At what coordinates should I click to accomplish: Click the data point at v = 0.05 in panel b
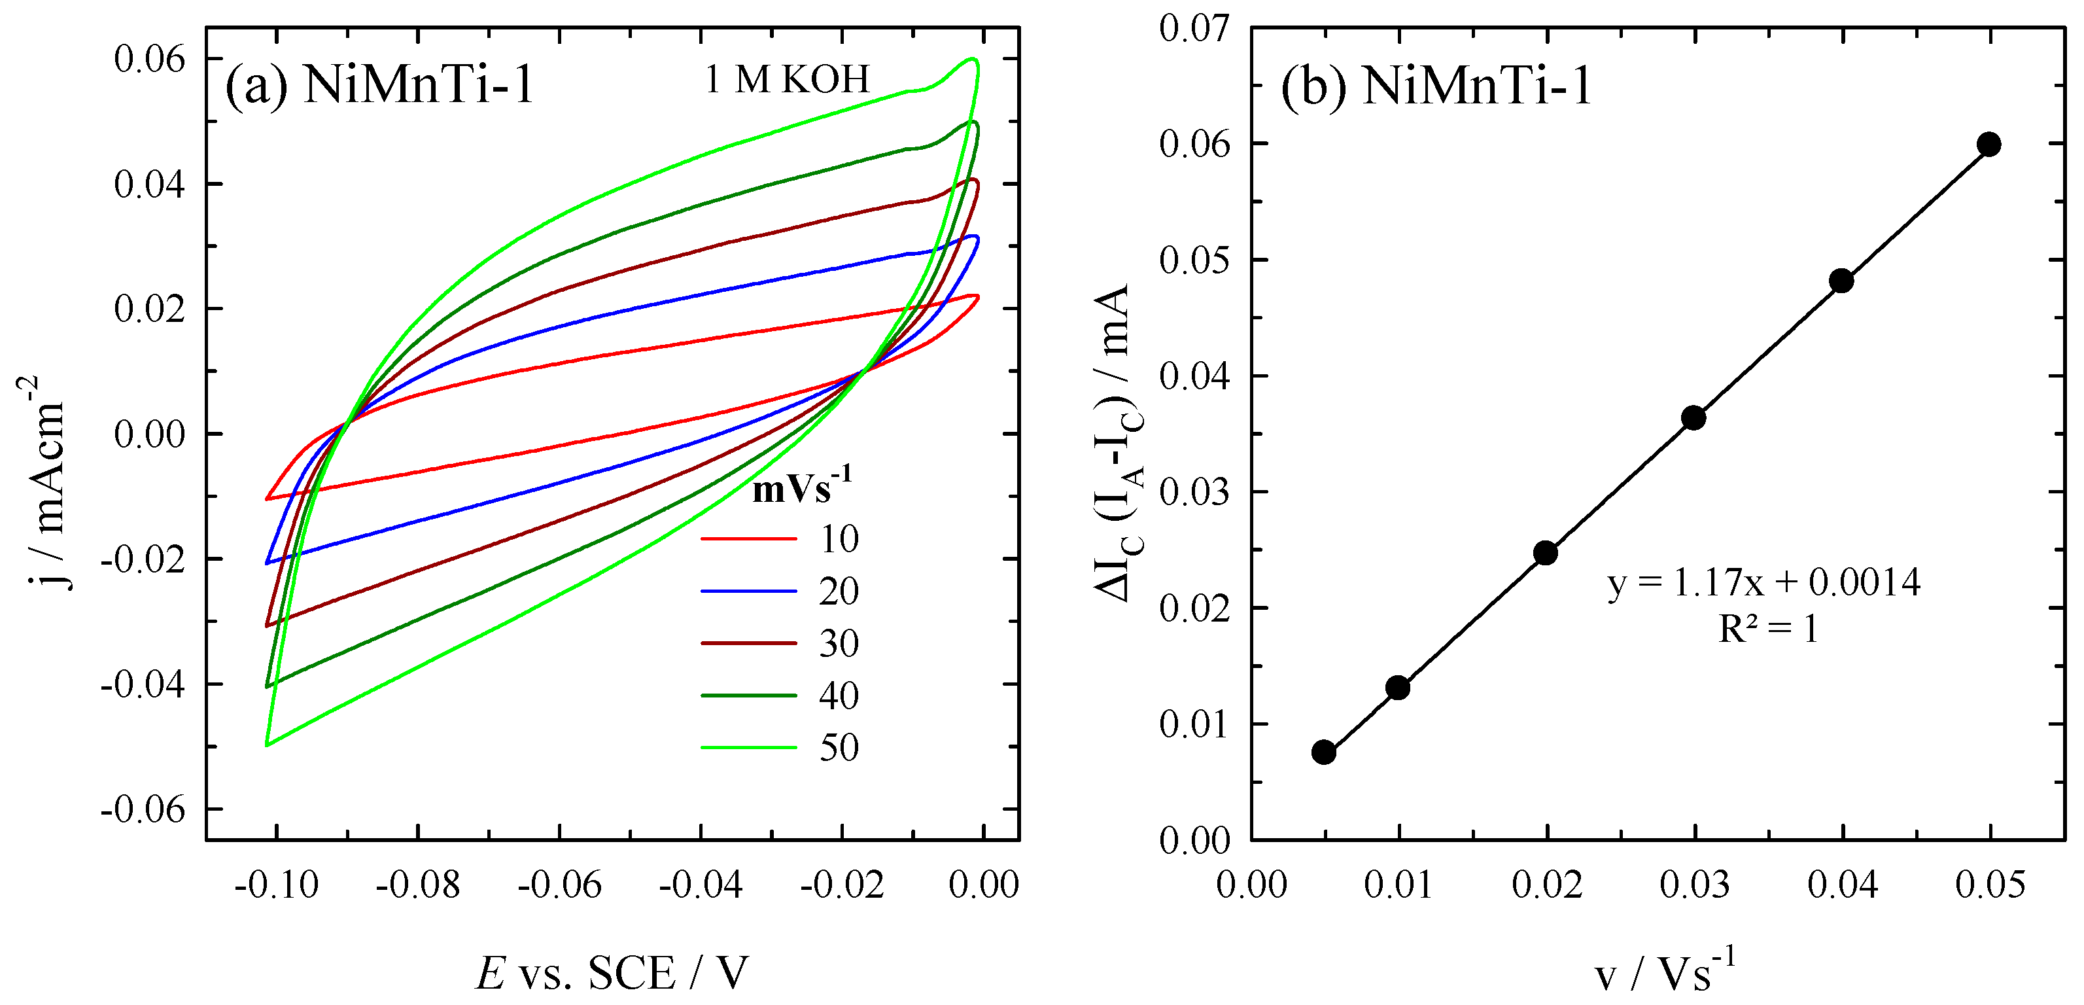click(1988, 145)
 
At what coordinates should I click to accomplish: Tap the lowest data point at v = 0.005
click(1323, 752)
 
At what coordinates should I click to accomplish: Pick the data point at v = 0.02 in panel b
click(1545, 554)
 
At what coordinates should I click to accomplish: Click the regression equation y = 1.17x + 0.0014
click(1763, 582)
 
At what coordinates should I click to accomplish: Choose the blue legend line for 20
click(748, 591)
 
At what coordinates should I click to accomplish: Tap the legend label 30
click(839, 644)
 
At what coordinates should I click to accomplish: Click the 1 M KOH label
click(786, 79)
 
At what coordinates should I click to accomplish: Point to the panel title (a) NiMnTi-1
click(379, 84)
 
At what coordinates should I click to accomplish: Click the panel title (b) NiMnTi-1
click(1436, 85)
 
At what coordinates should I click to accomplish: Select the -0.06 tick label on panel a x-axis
click(559, 885)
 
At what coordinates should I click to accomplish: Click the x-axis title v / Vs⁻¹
click(1665, 971)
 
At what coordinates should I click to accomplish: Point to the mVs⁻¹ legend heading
click(801, 487)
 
